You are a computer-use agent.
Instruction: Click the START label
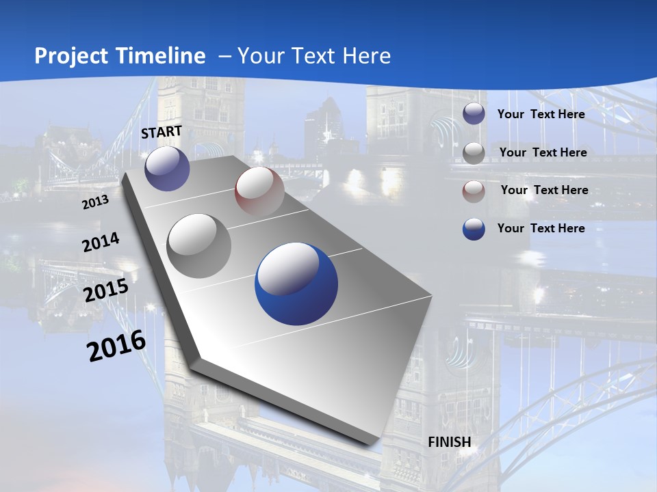click(x=162, y=131)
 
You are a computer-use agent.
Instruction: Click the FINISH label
click(x=450, y=441)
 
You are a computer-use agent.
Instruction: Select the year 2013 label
click(x=96, y=202)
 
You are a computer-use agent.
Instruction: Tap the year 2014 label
click(x=101, y=242)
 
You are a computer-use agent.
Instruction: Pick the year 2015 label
click(x=106, y=290)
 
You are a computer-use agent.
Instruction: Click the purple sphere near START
click(x=167, y=169)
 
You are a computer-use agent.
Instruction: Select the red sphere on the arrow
click(x=259, y=192)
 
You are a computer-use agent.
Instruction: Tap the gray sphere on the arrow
click(x=199, y=245)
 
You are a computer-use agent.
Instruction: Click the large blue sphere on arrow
click(x=296, y=282)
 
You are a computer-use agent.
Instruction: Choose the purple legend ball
click(x=474, y=114)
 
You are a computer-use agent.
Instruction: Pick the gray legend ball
click(x=474, y=152)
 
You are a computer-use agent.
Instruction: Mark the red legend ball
click(x=474, y=191)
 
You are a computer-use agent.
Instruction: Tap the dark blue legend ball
click(x=474, y=229)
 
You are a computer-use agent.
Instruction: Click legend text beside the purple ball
click(x=541, y=114)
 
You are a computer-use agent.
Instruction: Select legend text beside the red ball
click(x=544, y=190)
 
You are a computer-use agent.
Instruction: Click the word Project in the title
click(x=72, y=56)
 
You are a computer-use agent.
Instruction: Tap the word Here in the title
click(x=365, y=56)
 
